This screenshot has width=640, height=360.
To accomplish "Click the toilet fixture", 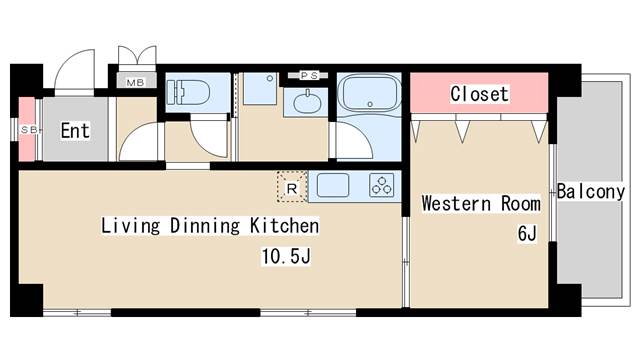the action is [188, 92].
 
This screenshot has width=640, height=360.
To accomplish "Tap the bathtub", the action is [369, 93].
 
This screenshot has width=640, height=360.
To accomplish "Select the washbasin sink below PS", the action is [307, 102].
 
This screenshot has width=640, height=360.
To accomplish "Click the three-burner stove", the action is [382, 185].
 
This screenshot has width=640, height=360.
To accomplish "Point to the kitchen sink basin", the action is [333, 185].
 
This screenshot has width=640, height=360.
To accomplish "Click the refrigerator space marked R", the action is [292, 187].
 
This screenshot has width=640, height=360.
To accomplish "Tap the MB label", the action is [136, 82].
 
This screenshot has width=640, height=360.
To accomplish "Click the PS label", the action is [309, 76].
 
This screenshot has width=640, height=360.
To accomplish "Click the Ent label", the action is [75, 131].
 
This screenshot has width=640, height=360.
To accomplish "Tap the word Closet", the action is [480, 94].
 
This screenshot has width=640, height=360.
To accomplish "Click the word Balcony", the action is [591, 191].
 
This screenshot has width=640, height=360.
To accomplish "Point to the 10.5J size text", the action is [286, 256].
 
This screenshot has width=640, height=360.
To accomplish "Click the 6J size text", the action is [527, 233].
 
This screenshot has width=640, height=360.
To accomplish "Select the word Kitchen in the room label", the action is [284, 226].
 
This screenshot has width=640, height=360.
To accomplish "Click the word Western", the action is [456, 203].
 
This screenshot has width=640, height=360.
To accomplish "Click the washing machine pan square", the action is [260, 89].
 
